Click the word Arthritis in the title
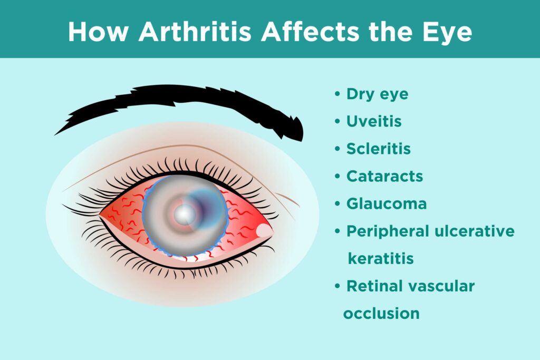(x=195, y=32)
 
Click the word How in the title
(x=99, y=32)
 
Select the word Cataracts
(x=384, y=176)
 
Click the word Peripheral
(x=389, y=231)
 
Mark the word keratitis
(x=381, y=258)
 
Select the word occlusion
(x=382, y=314)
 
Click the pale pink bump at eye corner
(x=265, y=230)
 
